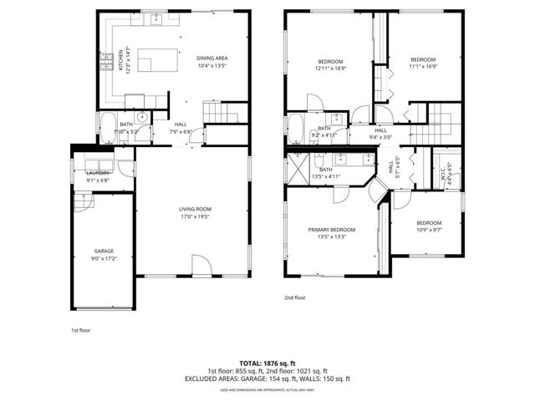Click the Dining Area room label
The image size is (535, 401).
[x=212, y=58]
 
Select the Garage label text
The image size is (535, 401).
[x=104, y=251]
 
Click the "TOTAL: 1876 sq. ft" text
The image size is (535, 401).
[x=267, y=363]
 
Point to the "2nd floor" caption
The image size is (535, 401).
[x=295, y=297]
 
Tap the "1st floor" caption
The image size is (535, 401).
[x=80, y=331]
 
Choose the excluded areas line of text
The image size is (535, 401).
[x=267, y=378]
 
